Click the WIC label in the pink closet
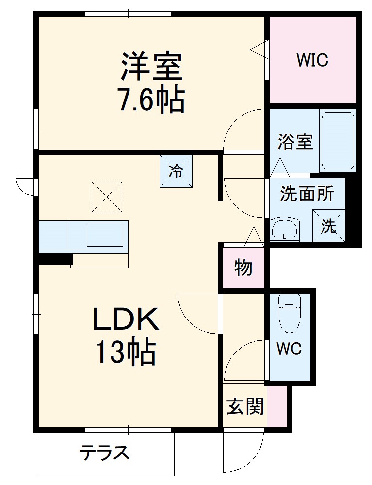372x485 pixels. click(x=312, y=61)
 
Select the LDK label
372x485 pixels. click(x=126, y=320)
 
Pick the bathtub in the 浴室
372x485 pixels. click(x=338, y=140)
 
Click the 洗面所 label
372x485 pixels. click(x=307, y=194)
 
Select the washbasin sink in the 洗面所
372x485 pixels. click(x=285, y=229)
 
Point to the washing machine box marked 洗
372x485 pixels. click(x=329, y=226)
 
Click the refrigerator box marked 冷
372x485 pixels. click(x=176, y=171)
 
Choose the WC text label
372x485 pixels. click(x=289, y=349)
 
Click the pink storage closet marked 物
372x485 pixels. click(x=243, y=268)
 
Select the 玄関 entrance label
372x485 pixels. click(x=245, y=407)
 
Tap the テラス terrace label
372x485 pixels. click(x=105, y=453)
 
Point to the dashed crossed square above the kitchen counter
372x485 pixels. click(x=106, y=197)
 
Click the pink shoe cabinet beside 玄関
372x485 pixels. click(x=276, y=407)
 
